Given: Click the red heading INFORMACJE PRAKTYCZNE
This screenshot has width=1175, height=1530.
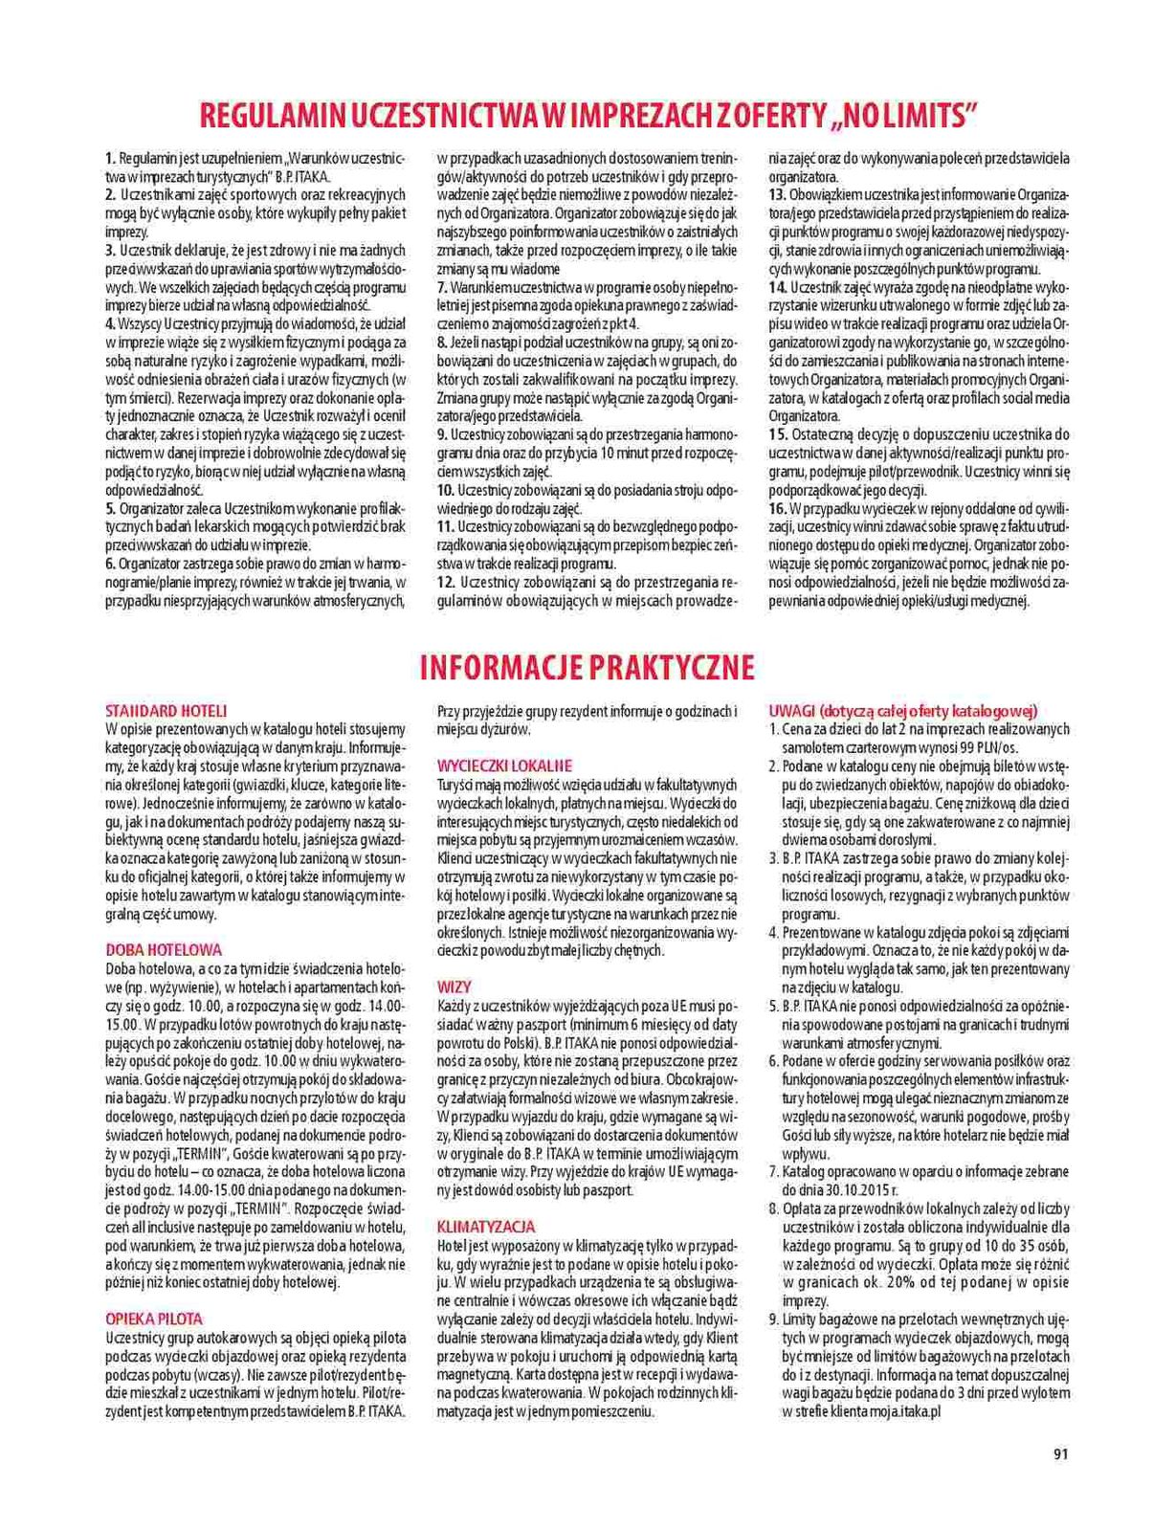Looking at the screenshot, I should [x=587, y=667].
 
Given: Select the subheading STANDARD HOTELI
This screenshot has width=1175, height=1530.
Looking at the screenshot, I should [x=166, y=711].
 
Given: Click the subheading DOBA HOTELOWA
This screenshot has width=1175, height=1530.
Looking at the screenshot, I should [x=164, y=950].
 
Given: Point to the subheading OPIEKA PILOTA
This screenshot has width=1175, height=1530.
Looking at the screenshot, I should [x=153, y=1319].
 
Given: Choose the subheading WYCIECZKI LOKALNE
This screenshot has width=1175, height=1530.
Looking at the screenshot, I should [x=504, y=765].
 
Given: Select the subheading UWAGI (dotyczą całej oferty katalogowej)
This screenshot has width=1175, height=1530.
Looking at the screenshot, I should [x=903, y=711].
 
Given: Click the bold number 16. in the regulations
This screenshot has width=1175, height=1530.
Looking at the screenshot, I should [x=778, y=507].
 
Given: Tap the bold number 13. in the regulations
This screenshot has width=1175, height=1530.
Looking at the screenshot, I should [x=778, y=194].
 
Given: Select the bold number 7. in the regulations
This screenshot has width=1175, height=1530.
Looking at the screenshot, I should [x=442, y=287].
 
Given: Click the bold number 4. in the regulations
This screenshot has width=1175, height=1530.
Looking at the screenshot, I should [x=110, y=323].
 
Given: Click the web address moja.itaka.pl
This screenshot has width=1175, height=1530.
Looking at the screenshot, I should [x=899, y=1410].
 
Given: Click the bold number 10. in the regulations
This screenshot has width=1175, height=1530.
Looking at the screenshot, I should [x=445, y=489].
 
